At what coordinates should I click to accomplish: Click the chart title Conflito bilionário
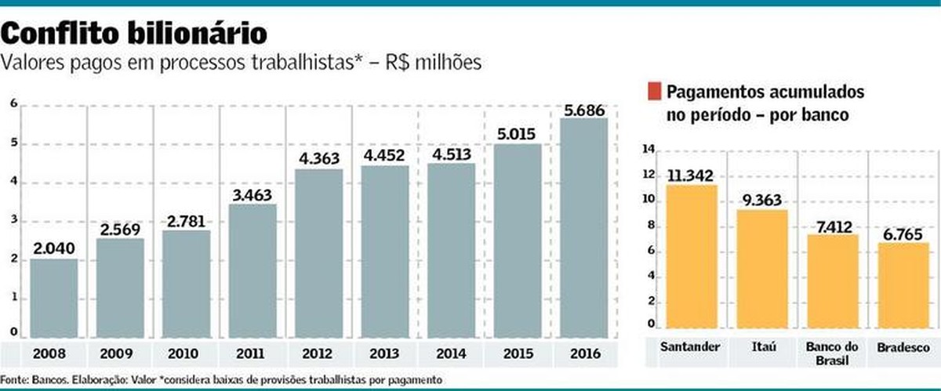pos(134,33)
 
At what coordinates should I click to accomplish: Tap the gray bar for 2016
pos(584,227)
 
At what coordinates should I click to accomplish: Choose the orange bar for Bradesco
pos(903,286)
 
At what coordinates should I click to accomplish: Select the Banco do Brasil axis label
pos(830,353)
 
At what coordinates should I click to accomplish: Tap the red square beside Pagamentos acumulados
pos(653,92)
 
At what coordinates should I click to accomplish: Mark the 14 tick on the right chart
pos(648,150)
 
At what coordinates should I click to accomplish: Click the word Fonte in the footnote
pos(14,379)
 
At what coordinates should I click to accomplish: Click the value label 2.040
pos(53,248)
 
